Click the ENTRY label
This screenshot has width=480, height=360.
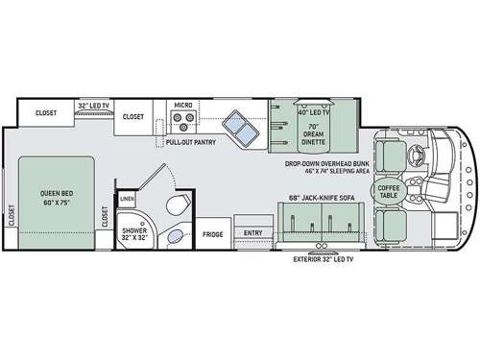point(252,232)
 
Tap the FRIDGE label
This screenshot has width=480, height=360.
point(214,232)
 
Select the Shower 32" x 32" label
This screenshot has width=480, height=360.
point(132,234)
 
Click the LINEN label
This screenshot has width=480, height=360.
point(128,199)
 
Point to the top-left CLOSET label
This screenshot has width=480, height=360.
point(46,112)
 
